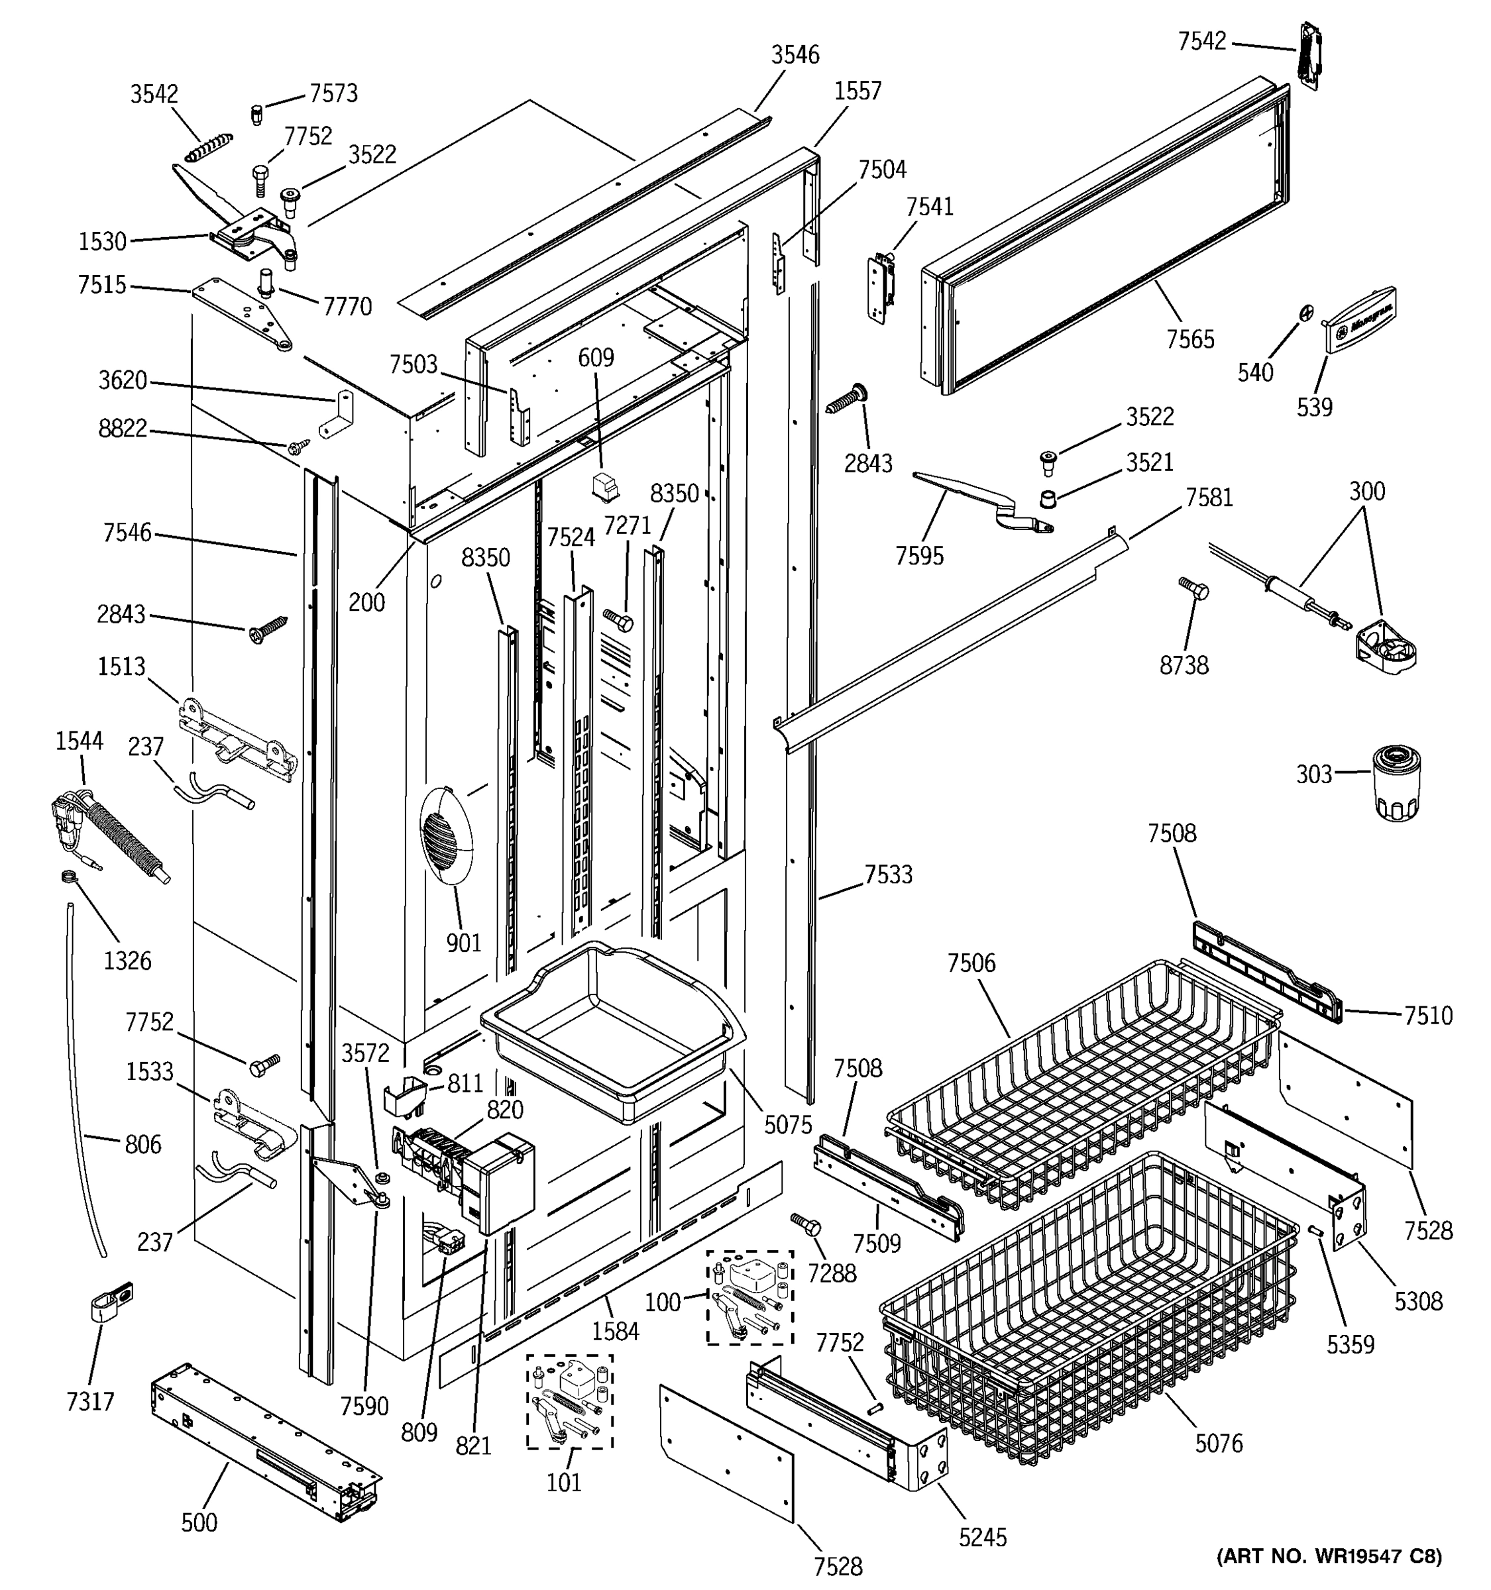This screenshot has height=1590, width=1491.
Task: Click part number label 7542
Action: click(x=1201, y=42)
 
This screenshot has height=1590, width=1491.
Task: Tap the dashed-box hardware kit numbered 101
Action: click(x=569, y=1401)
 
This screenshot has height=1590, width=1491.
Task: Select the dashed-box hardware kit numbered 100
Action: click(x=749, y=1297)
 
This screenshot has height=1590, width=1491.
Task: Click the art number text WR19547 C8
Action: click(x=1329, y=1556)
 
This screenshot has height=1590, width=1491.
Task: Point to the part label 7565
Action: click(x=1189, y=339)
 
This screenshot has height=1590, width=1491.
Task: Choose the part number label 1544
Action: click(x=80, y=741)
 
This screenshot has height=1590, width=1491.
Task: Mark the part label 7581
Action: click(x=1209, y=498)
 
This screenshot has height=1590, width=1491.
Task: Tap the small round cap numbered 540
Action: click(x=1305, y=313)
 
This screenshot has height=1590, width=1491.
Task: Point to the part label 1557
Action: click(x=857, y=91)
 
